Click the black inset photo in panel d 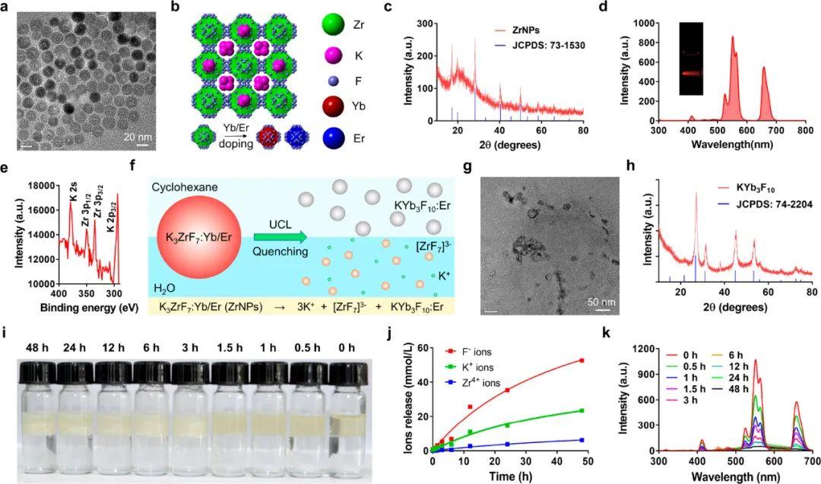691,59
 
